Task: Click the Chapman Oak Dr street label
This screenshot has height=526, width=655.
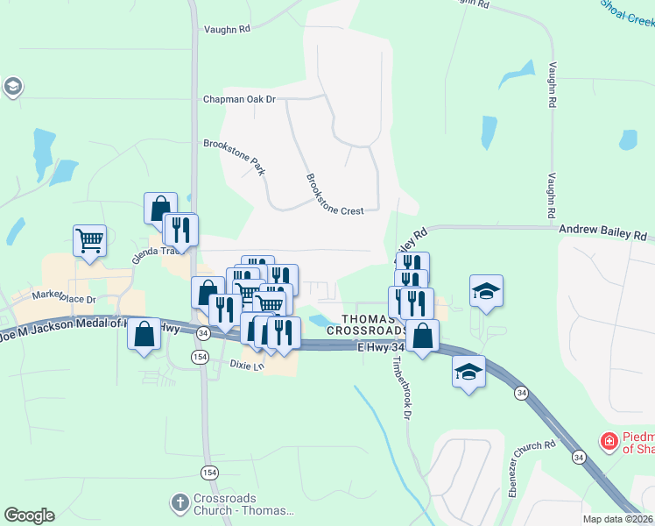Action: pos(239,99)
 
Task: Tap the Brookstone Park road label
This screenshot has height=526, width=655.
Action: pos(234,156)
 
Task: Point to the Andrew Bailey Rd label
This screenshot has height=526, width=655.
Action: pos(602,236)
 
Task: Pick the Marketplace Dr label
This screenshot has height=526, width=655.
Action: pos(63,297)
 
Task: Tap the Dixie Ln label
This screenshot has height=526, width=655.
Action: pos(246,364)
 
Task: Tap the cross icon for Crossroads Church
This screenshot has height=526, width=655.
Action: pos(179,502)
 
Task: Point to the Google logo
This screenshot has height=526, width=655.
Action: pos(29,515)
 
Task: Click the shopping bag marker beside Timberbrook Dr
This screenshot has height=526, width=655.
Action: pos(422,335)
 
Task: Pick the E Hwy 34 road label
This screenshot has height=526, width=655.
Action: pos(382,347)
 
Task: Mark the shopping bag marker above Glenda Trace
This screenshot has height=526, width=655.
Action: pos(160,209)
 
